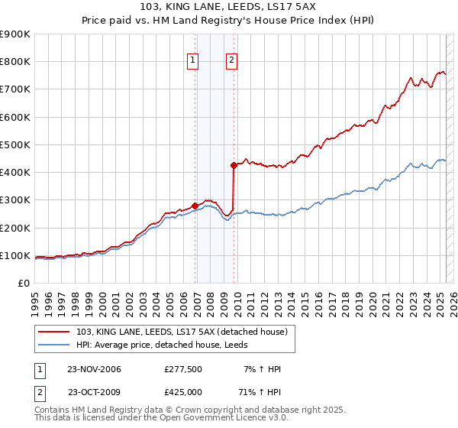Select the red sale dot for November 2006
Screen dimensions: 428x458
195,206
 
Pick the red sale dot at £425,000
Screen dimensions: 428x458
234,165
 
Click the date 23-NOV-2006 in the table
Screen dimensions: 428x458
95,369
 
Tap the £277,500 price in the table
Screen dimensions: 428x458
183,369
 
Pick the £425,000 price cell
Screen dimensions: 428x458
183,391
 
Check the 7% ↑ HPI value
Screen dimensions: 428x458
262,369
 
